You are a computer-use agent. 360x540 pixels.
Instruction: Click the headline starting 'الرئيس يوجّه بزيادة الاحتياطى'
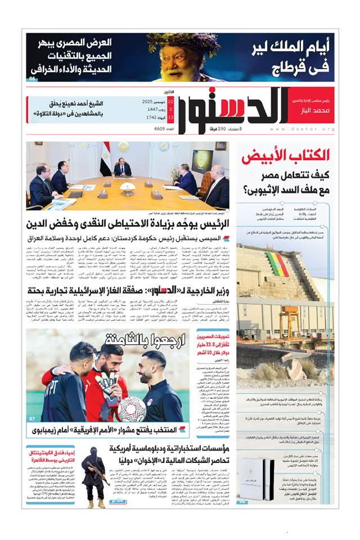(x=128, y=226)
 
